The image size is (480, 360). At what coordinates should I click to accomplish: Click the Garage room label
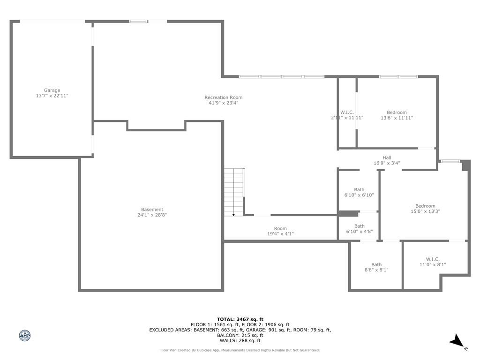pyautogui.click(x=52, y=90)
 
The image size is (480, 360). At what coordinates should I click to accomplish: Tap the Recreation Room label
pyautogui.click(x=223, y=97)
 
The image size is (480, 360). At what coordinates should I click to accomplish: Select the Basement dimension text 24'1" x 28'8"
pyautogui.click(x=152, y=215)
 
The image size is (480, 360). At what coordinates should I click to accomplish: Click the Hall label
pyautogui.click(x=387, y=158)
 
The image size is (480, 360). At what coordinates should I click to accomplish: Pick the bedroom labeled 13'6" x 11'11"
pyautogui.click(x=397, y=115)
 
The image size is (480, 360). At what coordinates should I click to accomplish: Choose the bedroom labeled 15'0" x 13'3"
pyautogui.click(x=425, y=209)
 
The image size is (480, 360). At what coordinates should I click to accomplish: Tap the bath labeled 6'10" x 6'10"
pyautogui.click(x=359, y=192)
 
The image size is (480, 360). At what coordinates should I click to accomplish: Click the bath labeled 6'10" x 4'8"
pyautogui.click(x=359, y=229)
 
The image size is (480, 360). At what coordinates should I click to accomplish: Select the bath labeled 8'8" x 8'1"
pyautogui.click(x=376, y=267)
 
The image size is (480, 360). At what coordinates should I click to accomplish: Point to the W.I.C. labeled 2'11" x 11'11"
pyautogui.click(x=347, y=115)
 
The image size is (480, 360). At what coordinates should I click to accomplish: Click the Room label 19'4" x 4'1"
pyautogui.click(x=280, y=231)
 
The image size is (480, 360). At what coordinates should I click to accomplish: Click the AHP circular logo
pyautogui.click(x=24, y=336)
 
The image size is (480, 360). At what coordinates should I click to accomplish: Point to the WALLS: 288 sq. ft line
pyautogui.click(x=240, y=341)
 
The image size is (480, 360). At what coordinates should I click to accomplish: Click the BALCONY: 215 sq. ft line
pyautogui.click(x=240, y=335)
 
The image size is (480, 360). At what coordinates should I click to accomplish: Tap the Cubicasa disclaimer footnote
pyautogui.click(x=240, y=350)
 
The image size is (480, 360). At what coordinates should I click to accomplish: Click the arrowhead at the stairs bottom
pyautogui.click(x=233, y=214)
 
